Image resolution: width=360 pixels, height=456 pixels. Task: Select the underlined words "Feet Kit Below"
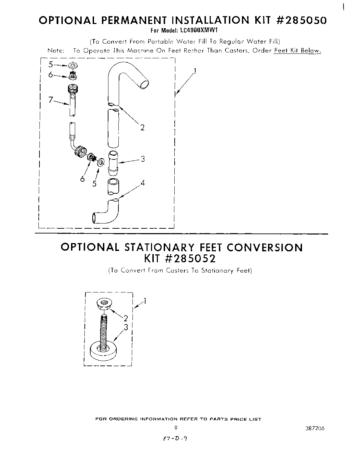click(x=297, y=51)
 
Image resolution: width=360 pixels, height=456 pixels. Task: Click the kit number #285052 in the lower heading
click(x=190, y=258)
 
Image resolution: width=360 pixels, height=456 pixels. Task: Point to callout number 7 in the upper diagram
click(x=50, y=100)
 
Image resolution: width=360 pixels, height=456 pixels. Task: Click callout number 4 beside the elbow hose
click(x=143, y=183)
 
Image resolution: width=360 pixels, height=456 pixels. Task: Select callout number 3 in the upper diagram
click(x=143, y=159)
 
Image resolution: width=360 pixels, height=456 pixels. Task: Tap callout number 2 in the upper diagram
click(x=142, y=128)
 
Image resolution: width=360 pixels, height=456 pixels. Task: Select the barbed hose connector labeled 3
click(x=114, y=161)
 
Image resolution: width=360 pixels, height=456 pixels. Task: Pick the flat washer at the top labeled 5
click(x=73, y=65)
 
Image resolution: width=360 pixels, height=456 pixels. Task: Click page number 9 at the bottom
click(x=176, y=428)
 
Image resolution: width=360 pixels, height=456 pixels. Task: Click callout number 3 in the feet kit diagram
click(x=126, y=327)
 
